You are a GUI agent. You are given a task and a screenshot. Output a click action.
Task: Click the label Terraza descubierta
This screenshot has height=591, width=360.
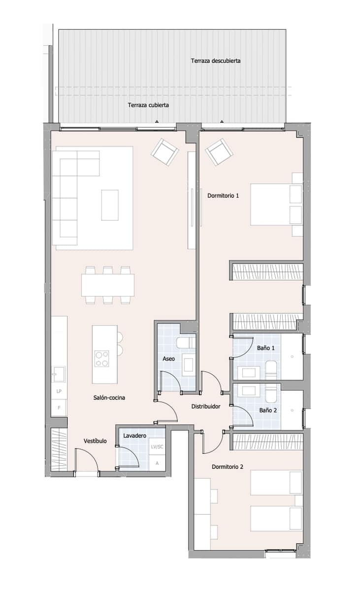point(216,61)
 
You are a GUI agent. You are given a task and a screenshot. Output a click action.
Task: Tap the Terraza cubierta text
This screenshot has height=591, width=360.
point(149,105)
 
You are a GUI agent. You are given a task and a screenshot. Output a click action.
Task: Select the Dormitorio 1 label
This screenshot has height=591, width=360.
point(223,196)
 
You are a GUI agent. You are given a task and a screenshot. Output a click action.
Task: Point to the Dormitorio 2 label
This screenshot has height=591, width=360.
point(228,466)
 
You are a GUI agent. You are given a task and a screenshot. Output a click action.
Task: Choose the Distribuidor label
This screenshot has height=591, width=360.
point(205,406)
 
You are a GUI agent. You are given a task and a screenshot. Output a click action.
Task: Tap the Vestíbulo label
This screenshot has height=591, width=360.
point(95,441)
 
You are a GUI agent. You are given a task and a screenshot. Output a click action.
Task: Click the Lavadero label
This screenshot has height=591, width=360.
point(134,436)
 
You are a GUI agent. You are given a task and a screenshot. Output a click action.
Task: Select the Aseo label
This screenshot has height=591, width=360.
point(169,359)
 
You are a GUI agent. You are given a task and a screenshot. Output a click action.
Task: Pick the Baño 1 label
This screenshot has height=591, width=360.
point(266,348)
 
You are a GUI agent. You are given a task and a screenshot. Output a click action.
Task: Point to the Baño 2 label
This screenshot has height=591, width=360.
point(268,410)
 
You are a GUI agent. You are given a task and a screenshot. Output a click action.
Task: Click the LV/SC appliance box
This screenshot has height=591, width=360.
point(157,447)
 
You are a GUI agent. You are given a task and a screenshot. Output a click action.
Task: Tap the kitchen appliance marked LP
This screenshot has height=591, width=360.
point(59,391)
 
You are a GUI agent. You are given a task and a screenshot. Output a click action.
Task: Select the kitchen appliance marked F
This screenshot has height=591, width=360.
point(59,408)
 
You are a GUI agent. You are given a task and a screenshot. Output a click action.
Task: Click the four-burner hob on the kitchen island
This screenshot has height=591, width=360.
point(102,358)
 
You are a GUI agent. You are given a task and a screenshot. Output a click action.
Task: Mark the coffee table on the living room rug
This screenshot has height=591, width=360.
point(110,205)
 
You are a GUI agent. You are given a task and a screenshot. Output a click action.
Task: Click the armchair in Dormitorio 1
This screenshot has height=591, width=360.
point(219,152)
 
